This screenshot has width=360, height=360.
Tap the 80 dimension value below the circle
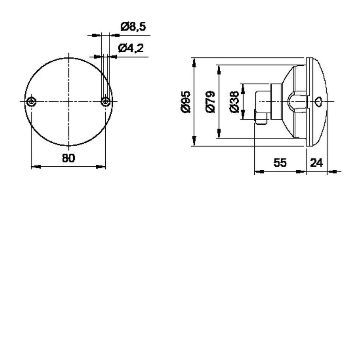(x=68, y=158)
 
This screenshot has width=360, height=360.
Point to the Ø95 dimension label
(x=185, y=101)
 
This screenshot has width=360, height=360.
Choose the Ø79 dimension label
(x=211, y=101)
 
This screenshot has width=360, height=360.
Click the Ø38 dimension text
(x=235, y=101)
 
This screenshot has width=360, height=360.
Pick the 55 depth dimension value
(x=280, y=163)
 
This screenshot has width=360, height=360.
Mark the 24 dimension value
(x=316, y=163)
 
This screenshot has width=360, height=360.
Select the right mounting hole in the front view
(x=105, y=101)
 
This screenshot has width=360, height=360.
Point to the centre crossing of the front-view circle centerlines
(x=69, y=101)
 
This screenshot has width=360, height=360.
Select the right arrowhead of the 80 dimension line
(x=101, y=167)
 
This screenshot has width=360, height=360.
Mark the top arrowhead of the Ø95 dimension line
(x=194, y=62)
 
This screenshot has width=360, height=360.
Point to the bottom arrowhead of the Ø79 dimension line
(x=219, y=134)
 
